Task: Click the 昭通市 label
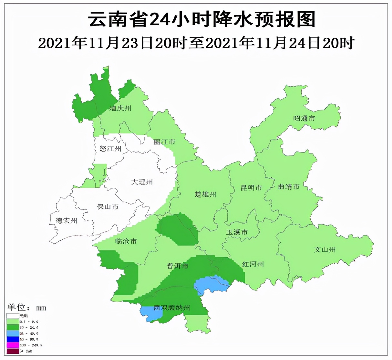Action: pos(304,118)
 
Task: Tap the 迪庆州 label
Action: pos(120,108)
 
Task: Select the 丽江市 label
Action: pos(164,142)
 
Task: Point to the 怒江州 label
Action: pos(110,149)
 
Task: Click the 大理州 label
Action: pos(142,182)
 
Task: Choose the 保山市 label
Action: pos(108,207)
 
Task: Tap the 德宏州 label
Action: pos(67,221)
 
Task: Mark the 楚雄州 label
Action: pos(205,195)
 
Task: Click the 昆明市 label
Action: pos(251,188)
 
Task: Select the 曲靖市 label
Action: pos(289,187)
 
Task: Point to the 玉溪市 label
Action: pos(237,232)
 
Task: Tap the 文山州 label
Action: pos(325,249)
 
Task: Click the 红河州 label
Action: pos(253,264)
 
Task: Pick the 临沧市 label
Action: pos(126,241)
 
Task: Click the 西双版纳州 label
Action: pos(171,308)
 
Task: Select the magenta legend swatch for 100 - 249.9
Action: pos(13,345)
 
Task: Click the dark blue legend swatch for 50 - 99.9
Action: pos(13,339)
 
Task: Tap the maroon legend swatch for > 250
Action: pos(13,351)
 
